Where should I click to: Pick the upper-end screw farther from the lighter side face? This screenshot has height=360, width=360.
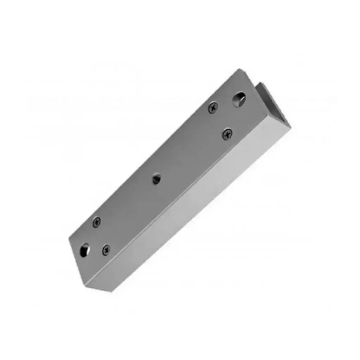tap(213, 107)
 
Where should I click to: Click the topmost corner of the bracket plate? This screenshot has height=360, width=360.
tap(239, 69)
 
